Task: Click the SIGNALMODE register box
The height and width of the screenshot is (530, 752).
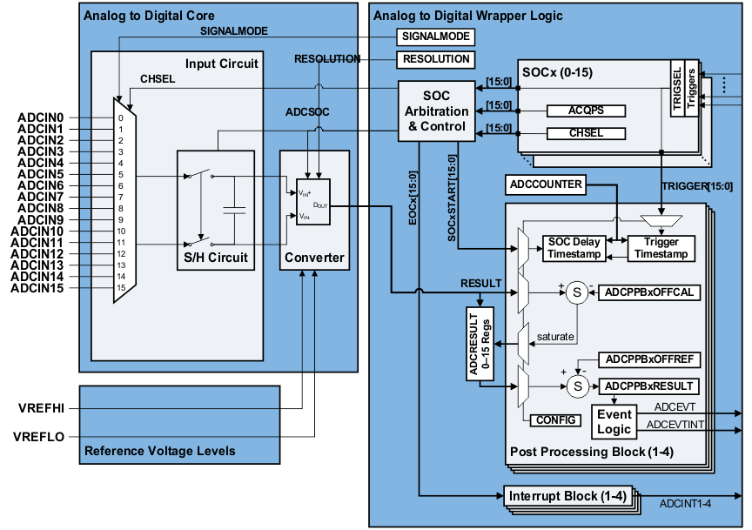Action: pos(436,37)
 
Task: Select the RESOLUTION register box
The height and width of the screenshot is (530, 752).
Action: pos(436,59)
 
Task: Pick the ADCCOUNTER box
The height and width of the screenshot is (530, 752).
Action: pos(546,184)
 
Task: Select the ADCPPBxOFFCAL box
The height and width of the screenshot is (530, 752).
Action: pos(649,292)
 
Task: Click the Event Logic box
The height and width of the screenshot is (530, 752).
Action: pos(614,422)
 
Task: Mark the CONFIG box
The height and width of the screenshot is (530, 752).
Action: pos(557,419)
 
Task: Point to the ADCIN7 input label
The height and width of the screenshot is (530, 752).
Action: pos(40,197)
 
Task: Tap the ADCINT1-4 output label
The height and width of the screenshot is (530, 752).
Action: pos(686,503)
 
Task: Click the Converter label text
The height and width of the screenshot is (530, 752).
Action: pos(314,258)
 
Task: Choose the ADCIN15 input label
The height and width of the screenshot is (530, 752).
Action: pos(37,287)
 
